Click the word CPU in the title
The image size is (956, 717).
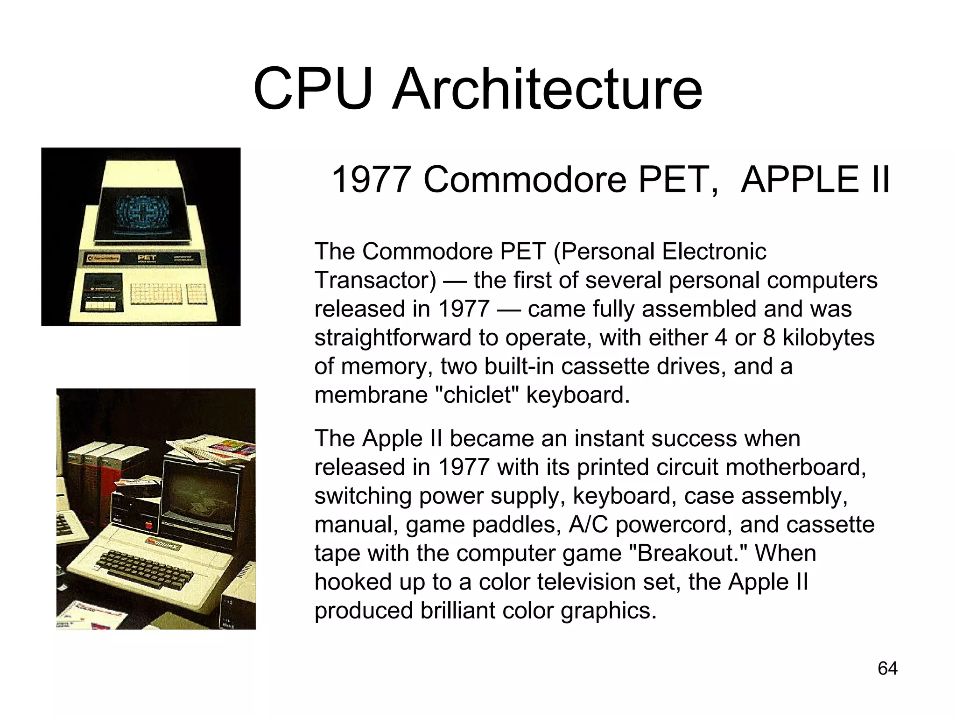[313, 89]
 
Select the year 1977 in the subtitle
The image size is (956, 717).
[371, 179]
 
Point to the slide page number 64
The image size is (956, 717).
[887, 668]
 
